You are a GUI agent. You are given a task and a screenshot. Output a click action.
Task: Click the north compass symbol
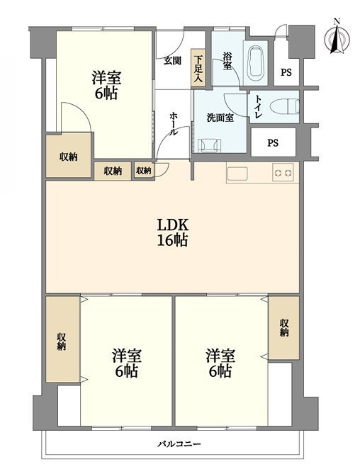(337, 37)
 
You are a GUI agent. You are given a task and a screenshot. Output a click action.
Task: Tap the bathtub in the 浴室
(256, 62)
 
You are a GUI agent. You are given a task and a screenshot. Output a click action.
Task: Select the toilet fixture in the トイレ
(284, 106)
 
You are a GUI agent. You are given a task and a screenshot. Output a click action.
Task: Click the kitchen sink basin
(237, 174)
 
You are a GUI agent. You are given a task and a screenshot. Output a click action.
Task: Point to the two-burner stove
(283, 173)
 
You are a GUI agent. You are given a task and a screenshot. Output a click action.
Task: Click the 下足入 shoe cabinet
(198, 68)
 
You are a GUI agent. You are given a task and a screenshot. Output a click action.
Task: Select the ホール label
(174, 124)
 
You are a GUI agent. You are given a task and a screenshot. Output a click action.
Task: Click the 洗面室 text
(220, 118)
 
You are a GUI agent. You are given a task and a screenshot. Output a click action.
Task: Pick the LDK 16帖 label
(173, 232)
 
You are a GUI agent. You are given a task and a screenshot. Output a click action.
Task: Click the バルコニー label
(179, 443)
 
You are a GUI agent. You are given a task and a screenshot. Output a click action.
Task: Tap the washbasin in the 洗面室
(210, 146)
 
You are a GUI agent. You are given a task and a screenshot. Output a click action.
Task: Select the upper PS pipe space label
(286, 72)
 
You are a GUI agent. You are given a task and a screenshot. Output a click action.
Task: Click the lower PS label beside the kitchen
(273, 143)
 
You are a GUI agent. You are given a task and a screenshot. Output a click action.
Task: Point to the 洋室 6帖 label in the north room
(106, 85)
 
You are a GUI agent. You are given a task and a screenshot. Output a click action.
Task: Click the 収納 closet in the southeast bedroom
(283, 328)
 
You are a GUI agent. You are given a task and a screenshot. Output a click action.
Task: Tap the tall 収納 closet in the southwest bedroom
(63, 339)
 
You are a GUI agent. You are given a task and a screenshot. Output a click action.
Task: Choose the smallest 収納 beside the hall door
(144, 171)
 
